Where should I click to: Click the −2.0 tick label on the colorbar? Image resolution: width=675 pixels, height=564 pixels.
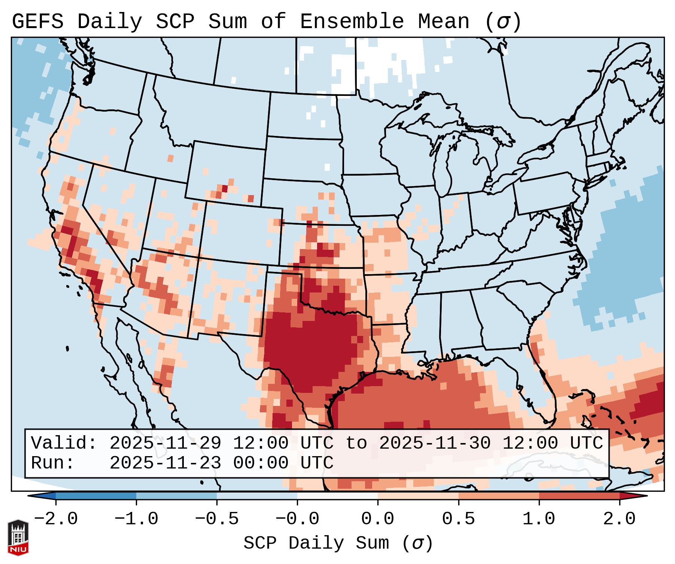[x=56, y=519]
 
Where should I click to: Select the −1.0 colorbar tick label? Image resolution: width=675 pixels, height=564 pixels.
[x=136, y=519]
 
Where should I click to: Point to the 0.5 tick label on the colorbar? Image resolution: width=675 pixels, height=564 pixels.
[x=458, y=519]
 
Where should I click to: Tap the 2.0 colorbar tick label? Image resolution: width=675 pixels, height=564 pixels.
[x=619, y=519]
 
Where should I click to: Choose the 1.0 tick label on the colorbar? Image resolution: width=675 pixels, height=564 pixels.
[x=539, y=519]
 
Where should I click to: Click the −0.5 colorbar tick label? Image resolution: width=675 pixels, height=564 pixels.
[x=217, y=519]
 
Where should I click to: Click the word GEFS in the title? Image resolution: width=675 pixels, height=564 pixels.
[x=38, y=22]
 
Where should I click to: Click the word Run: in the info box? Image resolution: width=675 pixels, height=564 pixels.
[x=53, y=463]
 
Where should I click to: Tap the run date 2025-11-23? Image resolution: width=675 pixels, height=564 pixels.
[x=165, y=463]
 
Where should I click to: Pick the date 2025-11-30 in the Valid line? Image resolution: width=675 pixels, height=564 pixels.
[x=435, y=443]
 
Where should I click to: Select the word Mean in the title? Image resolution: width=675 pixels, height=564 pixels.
[x=443, y=22]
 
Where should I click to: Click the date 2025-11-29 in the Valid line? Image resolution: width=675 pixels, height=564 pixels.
[x=165, y=443]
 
